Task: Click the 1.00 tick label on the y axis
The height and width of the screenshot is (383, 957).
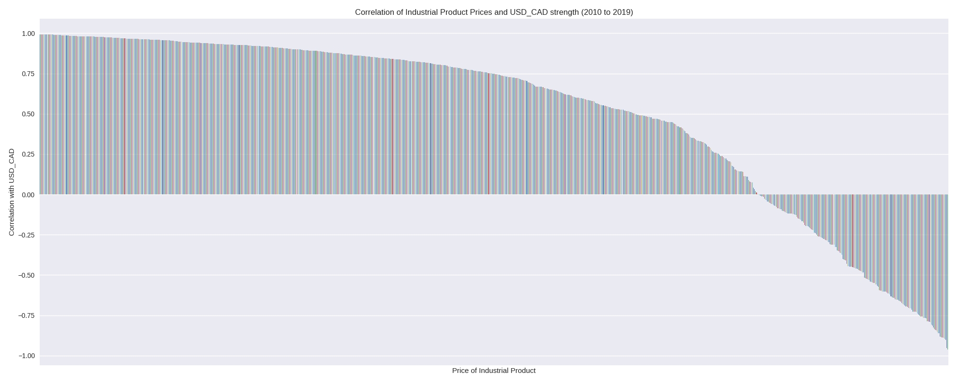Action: tap(28, 34)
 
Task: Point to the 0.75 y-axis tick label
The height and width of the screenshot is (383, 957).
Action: tap(28, 74)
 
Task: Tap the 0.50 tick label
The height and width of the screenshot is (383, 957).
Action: tap(28, 114)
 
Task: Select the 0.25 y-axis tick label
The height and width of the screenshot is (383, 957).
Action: tap(28, 154)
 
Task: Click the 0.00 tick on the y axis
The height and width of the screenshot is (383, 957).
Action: tap(28, 195)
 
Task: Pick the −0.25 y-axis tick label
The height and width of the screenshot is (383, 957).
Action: tap(27, 235)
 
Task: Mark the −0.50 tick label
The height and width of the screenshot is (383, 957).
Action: tap(27, 275)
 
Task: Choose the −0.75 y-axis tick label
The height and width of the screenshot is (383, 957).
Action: tap(27, 315)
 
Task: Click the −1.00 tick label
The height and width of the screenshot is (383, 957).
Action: tap(27, 356)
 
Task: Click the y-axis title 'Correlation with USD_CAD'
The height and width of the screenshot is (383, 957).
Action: tap(12, 192)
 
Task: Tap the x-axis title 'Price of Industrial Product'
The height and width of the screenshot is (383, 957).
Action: tap(494, 371)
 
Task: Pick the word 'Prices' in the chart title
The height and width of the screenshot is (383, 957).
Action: tap(480, 12)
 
